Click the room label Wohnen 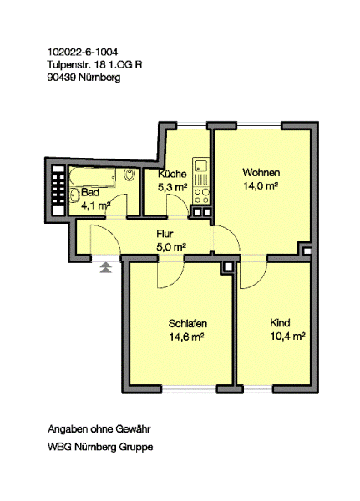point(261,173)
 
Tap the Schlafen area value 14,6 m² point(187,337)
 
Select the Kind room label point(280,322)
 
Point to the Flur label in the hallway point(165,234)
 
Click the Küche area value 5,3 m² point(173,187)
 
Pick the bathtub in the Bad point(92,177)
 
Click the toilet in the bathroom point(129,175)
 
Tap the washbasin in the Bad point(74,195)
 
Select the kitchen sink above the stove point(201,165)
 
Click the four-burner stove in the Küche point(202,196)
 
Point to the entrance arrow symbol point(106,267)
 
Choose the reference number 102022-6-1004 point(83,52)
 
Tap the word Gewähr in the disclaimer point(133,429)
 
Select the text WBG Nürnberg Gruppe point(100,447)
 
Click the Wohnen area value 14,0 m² point(261,185)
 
